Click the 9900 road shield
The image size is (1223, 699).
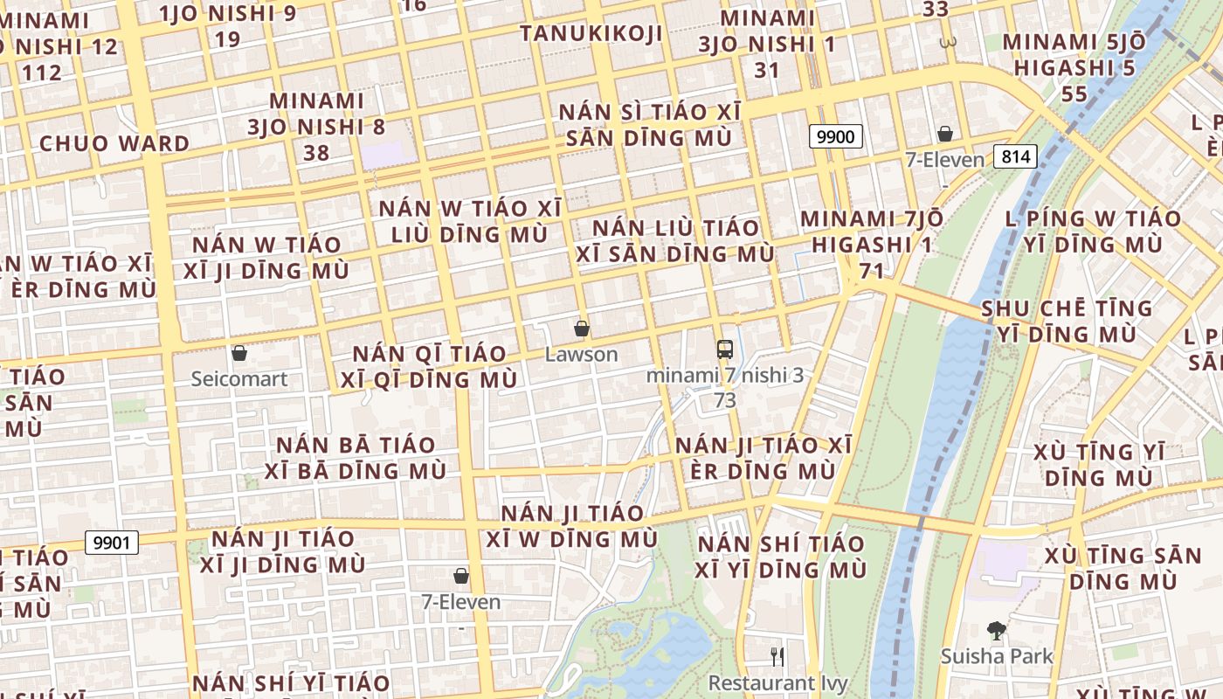836,136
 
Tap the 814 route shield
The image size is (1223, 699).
1014,156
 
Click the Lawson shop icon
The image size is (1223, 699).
582,329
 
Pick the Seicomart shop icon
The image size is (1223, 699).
239,353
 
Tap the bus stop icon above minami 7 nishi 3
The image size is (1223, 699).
725,349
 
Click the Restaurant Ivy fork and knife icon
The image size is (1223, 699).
777,656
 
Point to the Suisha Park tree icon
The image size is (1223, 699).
996,630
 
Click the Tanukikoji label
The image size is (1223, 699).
591,33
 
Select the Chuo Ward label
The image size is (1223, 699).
114,143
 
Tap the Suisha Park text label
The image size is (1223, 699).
997,656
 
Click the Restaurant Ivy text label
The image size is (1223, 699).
777,682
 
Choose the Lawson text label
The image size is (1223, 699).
582,355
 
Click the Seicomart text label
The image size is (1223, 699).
239,379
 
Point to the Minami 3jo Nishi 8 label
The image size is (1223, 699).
316,127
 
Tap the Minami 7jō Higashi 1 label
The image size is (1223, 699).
871,245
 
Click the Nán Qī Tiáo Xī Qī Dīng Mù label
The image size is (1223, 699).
429,367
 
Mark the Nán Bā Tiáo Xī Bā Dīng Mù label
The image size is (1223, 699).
361,458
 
